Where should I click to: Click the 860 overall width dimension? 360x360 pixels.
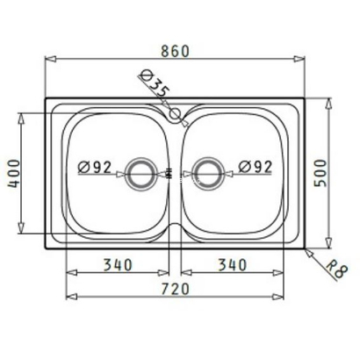click(176, 51)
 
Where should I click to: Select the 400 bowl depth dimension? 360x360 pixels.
click(13, 174)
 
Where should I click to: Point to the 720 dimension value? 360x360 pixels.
click(176, 289)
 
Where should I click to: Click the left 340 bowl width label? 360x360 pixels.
click(119, 265)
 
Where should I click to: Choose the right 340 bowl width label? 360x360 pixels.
click(233, 265)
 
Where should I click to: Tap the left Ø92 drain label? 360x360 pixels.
click(95, 167)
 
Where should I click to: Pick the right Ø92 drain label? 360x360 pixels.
click(256, 167)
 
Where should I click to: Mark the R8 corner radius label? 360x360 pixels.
click(336, 270)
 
